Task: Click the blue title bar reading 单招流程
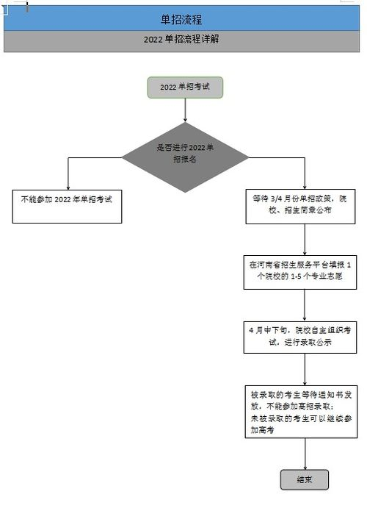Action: coord(181,18)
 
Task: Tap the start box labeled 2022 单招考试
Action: coord(185,87)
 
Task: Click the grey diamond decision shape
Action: coord(185,157)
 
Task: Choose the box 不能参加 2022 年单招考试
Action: coord(67,207)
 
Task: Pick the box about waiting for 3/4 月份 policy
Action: coord(300,207)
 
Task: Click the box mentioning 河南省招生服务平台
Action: coord(300,273)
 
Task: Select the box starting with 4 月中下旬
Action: coord(300,337)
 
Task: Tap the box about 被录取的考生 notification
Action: coord(301,412)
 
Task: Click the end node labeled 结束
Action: coord(305,479)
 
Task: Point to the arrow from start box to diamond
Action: coord(185,110)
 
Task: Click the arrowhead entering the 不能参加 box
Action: coord(68,187)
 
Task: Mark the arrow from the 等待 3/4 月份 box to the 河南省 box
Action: coord(305,240)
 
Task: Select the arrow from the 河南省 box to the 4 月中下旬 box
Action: coord(305,305)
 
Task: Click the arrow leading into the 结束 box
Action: coord(305,454)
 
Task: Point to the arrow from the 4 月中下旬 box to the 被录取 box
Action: coord(305,369)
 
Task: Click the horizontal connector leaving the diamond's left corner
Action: coord(95,158)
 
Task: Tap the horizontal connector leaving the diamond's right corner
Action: coord(277,158)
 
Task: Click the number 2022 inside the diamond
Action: coord(197,148)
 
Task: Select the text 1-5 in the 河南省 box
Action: coord(296,276)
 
